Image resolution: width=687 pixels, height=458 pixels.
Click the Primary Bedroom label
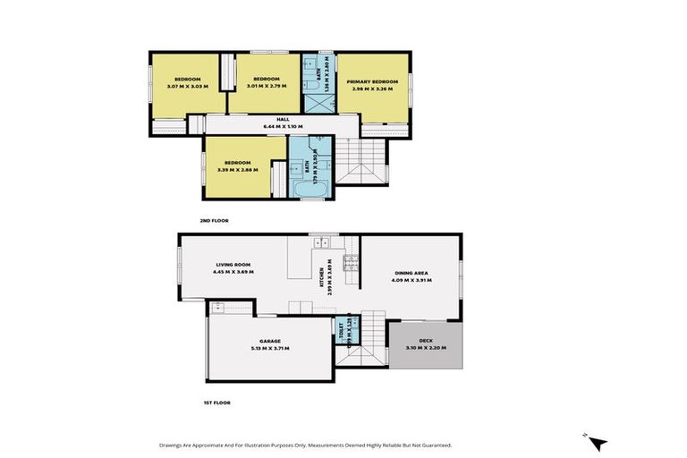click(x=372, y=80)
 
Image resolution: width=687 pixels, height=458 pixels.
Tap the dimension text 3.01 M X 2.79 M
click(x=267, y=87)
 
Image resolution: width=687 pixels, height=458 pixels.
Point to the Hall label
click(x=283, y=119)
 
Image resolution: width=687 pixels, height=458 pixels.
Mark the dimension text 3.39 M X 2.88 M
click(x=236, y=169)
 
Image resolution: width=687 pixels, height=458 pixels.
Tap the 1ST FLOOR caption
click(x=216, y=403)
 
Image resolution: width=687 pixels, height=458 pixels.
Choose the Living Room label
click(x=233, y=265)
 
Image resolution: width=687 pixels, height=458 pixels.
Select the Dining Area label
click(x=412, y=273)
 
